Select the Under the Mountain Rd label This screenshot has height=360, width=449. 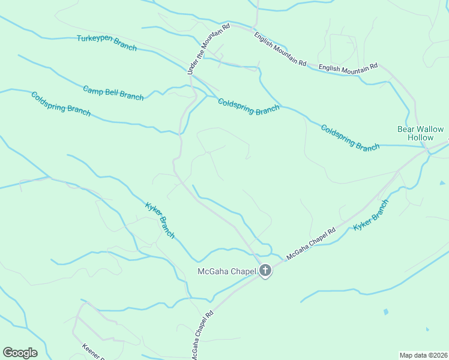pyautogui.click(x=209, y=50)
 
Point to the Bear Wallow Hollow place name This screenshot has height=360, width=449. pyautogui.click(x=420, y=133)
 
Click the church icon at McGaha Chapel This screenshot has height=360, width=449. pyautogui.click(x=265, y=271)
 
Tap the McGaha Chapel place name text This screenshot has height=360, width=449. pyautogui.click(x=226, y=271)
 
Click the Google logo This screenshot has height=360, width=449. pyautogui.click(x=20, y=353)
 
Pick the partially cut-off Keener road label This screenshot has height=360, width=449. pyautogui.click(x=90, y=351)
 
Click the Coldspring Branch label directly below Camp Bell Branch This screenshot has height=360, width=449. pyautogui.click(x=61, y=103)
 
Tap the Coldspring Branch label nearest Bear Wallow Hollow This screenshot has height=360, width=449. pyautogui.click(x=350, y=138)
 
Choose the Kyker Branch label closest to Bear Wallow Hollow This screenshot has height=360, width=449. pyautogui.click(x=371, y=215)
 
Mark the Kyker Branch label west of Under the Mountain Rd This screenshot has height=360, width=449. pyautogui.click(x=160, y=220)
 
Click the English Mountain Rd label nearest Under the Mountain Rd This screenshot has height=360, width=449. pyautogui.click(x=280, y=49)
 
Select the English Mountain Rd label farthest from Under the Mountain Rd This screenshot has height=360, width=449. pyautogui.click(x=348, y=67)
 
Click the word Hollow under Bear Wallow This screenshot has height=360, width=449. pyautogui.click(x=420, y=137)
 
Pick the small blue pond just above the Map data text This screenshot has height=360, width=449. pyautogui.click(x=427, y=329)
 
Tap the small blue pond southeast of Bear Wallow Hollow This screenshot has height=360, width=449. pyautogui.click(x=442, y=182)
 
